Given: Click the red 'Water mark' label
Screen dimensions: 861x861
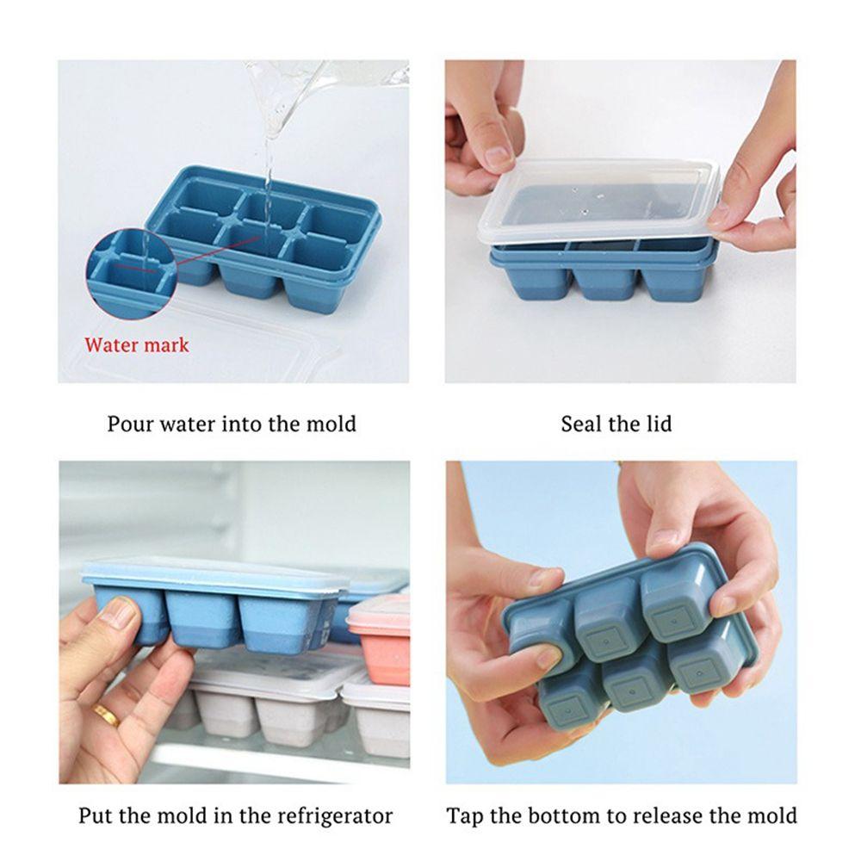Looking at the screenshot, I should pos(136,345).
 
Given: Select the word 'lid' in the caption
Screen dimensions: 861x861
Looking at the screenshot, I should pos(657,424).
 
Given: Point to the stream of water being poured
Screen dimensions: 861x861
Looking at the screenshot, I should pos(269,164).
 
